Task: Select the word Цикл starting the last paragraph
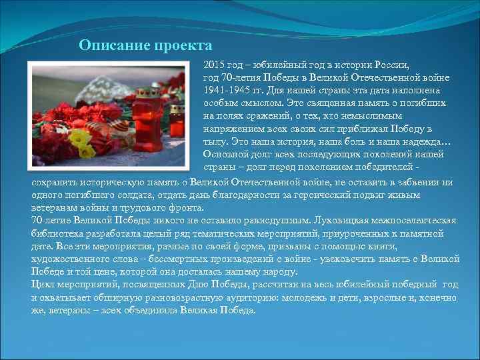point(43,285)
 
